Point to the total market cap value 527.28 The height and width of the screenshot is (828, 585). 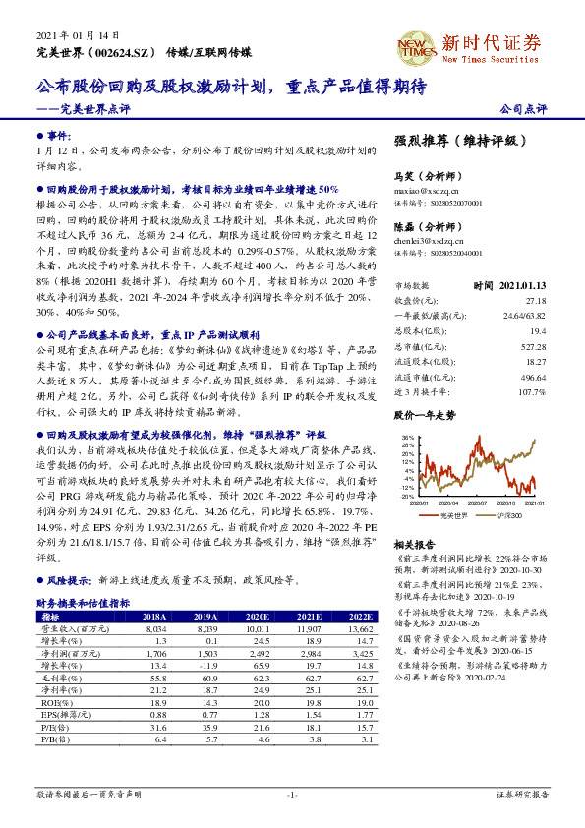pos(533,346)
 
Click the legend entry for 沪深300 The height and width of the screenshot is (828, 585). pos(508,514)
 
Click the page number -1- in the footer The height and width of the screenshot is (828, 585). pos(291,793)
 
